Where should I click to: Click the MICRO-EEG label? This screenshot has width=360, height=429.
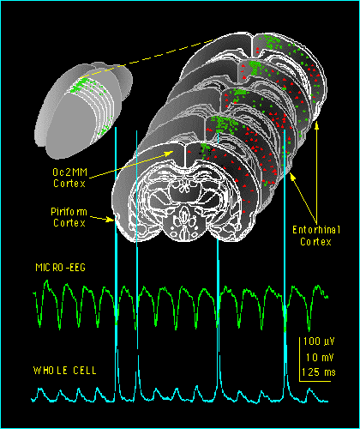pos(61,268)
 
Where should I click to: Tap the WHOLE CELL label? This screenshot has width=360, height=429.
pos(65,371)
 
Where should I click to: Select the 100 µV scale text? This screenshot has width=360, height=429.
pos(319,341)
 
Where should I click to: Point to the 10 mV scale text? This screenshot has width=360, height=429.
pos(320,358)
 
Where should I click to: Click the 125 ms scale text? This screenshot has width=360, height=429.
pos(319,372)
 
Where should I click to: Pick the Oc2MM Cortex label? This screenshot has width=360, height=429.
pos(69,178)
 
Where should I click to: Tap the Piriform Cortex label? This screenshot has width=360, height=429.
pos(69,217)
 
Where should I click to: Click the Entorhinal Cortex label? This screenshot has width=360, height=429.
pos(316,236)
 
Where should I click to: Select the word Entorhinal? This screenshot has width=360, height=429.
pos(316,230)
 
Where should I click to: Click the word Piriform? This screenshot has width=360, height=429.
pos(69,212)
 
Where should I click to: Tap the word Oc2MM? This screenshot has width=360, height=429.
pos(69,172)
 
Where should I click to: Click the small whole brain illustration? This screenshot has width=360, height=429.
pos(83,110)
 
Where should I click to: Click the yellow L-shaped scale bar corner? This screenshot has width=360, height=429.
pos(300,381)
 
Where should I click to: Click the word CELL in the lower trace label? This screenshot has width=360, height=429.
pos(85,371)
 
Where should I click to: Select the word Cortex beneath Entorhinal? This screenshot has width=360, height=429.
pos(315,242)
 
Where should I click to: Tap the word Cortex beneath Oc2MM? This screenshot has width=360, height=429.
pos(69,184)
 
